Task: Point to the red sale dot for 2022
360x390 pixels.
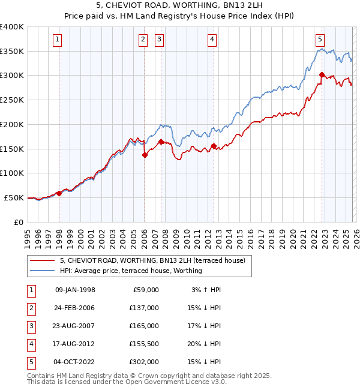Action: [322, 75]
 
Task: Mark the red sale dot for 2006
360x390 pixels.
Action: [145, 155]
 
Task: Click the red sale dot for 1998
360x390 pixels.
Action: [59, 193]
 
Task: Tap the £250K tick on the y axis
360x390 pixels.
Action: [12, 100]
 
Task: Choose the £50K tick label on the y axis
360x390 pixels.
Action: [14, 197]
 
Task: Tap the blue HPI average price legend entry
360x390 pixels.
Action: [131, 271]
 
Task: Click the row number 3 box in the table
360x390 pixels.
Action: [30, 326]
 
